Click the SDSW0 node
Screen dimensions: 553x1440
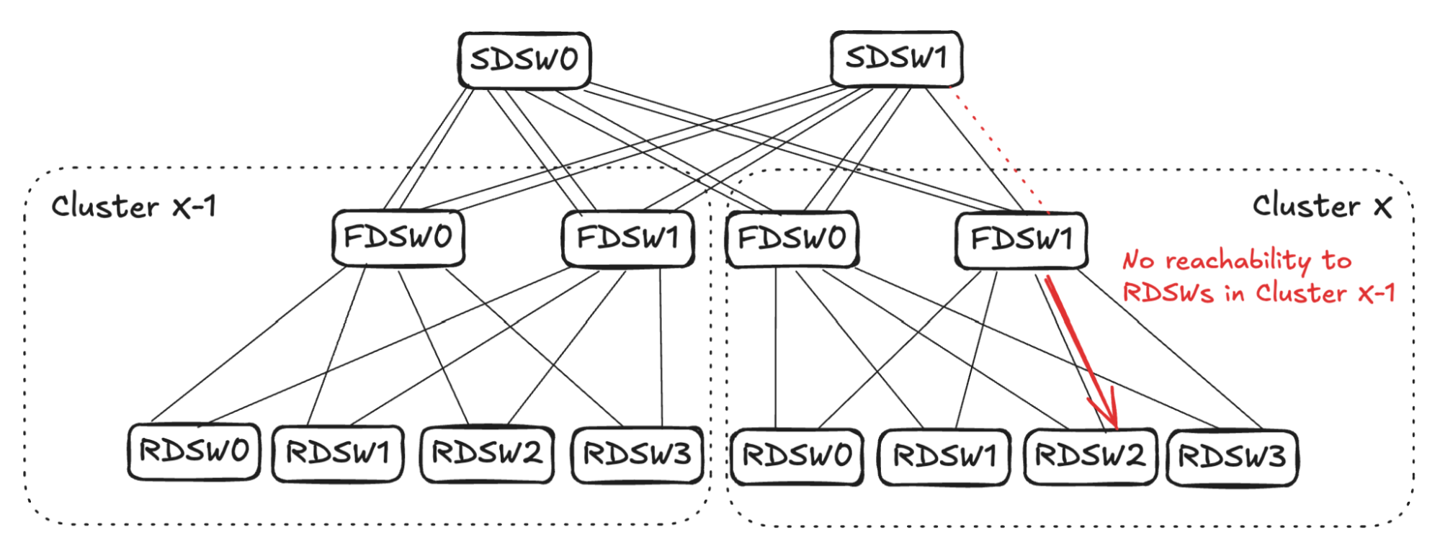coord(524,60)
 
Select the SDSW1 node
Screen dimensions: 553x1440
coord(896,58)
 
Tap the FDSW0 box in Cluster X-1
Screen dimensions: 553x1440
coord(398,238)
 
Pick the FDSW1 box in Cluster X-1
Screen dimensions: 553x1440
coord(627,238)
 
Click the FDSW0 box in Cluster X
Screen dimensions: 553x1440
coord(792,238)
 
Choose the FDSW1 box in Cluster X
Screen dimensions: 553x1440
coord(1021,240)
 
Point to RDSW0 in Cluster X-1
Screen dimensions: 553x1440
coord(194,451)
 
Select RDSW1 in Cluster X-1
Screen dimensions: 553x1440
coord(338,454)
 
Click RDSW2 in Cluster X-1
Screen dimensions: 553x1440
coord(487,454)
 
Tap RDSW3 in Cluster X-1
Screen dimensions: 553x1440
coord(637,454)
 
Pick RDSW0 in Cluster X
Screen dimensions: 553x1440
coord(797,457)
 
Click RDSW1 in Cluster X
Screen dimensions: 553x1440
coord(944,457)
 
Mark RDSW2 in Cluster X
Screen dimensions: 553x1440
coord(1090,457)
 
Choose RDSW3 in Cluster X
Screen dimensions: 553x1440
coord(1232,457)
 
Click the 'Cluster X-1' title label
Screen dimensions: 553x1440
coord(133,207)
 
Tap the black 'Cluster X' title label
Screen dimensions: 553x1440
coord(1322,206)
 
